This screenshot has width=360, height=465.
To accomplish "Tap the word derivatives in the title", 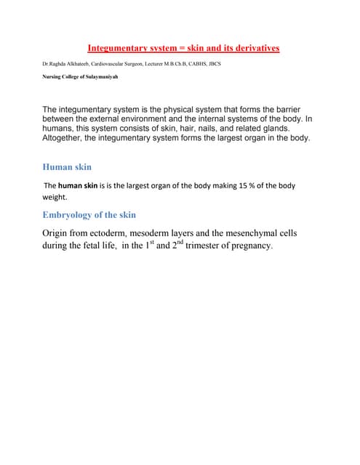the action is (253, 49).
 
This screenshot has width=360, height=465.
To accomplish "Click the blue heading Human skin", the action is (67, 166).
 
